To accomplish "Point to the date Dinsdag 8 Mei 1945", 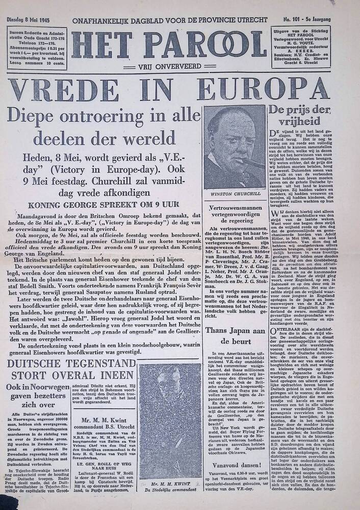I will [28, 20].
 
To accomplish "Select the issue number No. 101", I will [293, 20].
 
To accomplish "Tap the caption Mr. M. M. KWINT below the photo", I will [170, 483].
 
